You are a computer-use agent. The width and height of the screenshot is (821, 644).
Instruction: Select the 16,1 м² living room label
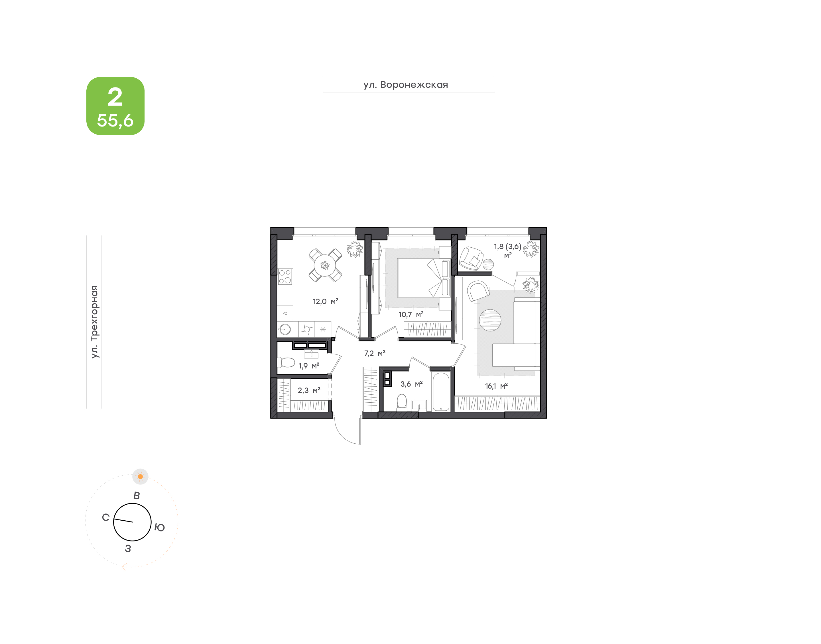tap(496, 386)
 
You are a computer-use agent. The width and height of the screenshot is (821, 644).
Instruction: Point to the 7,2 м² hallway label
tap(375, 353)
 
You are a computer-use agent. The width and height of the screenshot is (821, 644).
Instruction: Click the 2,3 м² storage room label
tap(309, 390)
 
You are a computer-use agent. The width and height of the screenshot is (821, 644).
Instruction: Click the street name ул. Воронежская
tap(406, 85)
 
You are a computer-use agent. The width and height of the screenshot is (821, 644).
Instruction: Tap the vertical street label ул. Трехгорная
tap(94, 322)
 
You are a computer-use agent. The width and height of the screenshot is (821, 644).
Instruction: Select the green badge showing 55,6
tap(115, 106)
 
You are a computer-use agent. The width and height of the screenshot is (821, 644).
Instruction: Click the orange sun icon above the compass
tap(140, 477)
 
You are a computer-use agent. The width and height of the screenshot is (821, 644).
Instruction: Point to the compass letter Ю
tap(160, 527)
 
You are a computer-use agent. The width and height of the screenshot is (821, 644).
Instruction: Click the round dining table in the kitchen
tap(325, 265)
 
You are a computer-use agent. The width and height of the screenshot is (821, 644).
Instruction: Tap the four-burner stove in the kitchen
tap(285, 276)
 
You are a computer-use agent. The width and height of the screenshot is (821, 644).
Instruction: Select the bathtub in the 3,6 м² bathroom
tap(441, 391)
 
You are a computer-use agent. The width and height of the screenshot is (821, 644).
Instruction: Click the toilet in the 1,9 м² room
tap(286, 362)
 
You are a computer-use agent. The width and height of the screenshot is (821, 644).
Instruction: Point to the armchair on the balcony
tap(471, 258)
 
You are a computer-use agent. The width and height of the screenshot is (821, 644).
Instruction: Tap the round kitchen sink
tap(285, 329)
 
